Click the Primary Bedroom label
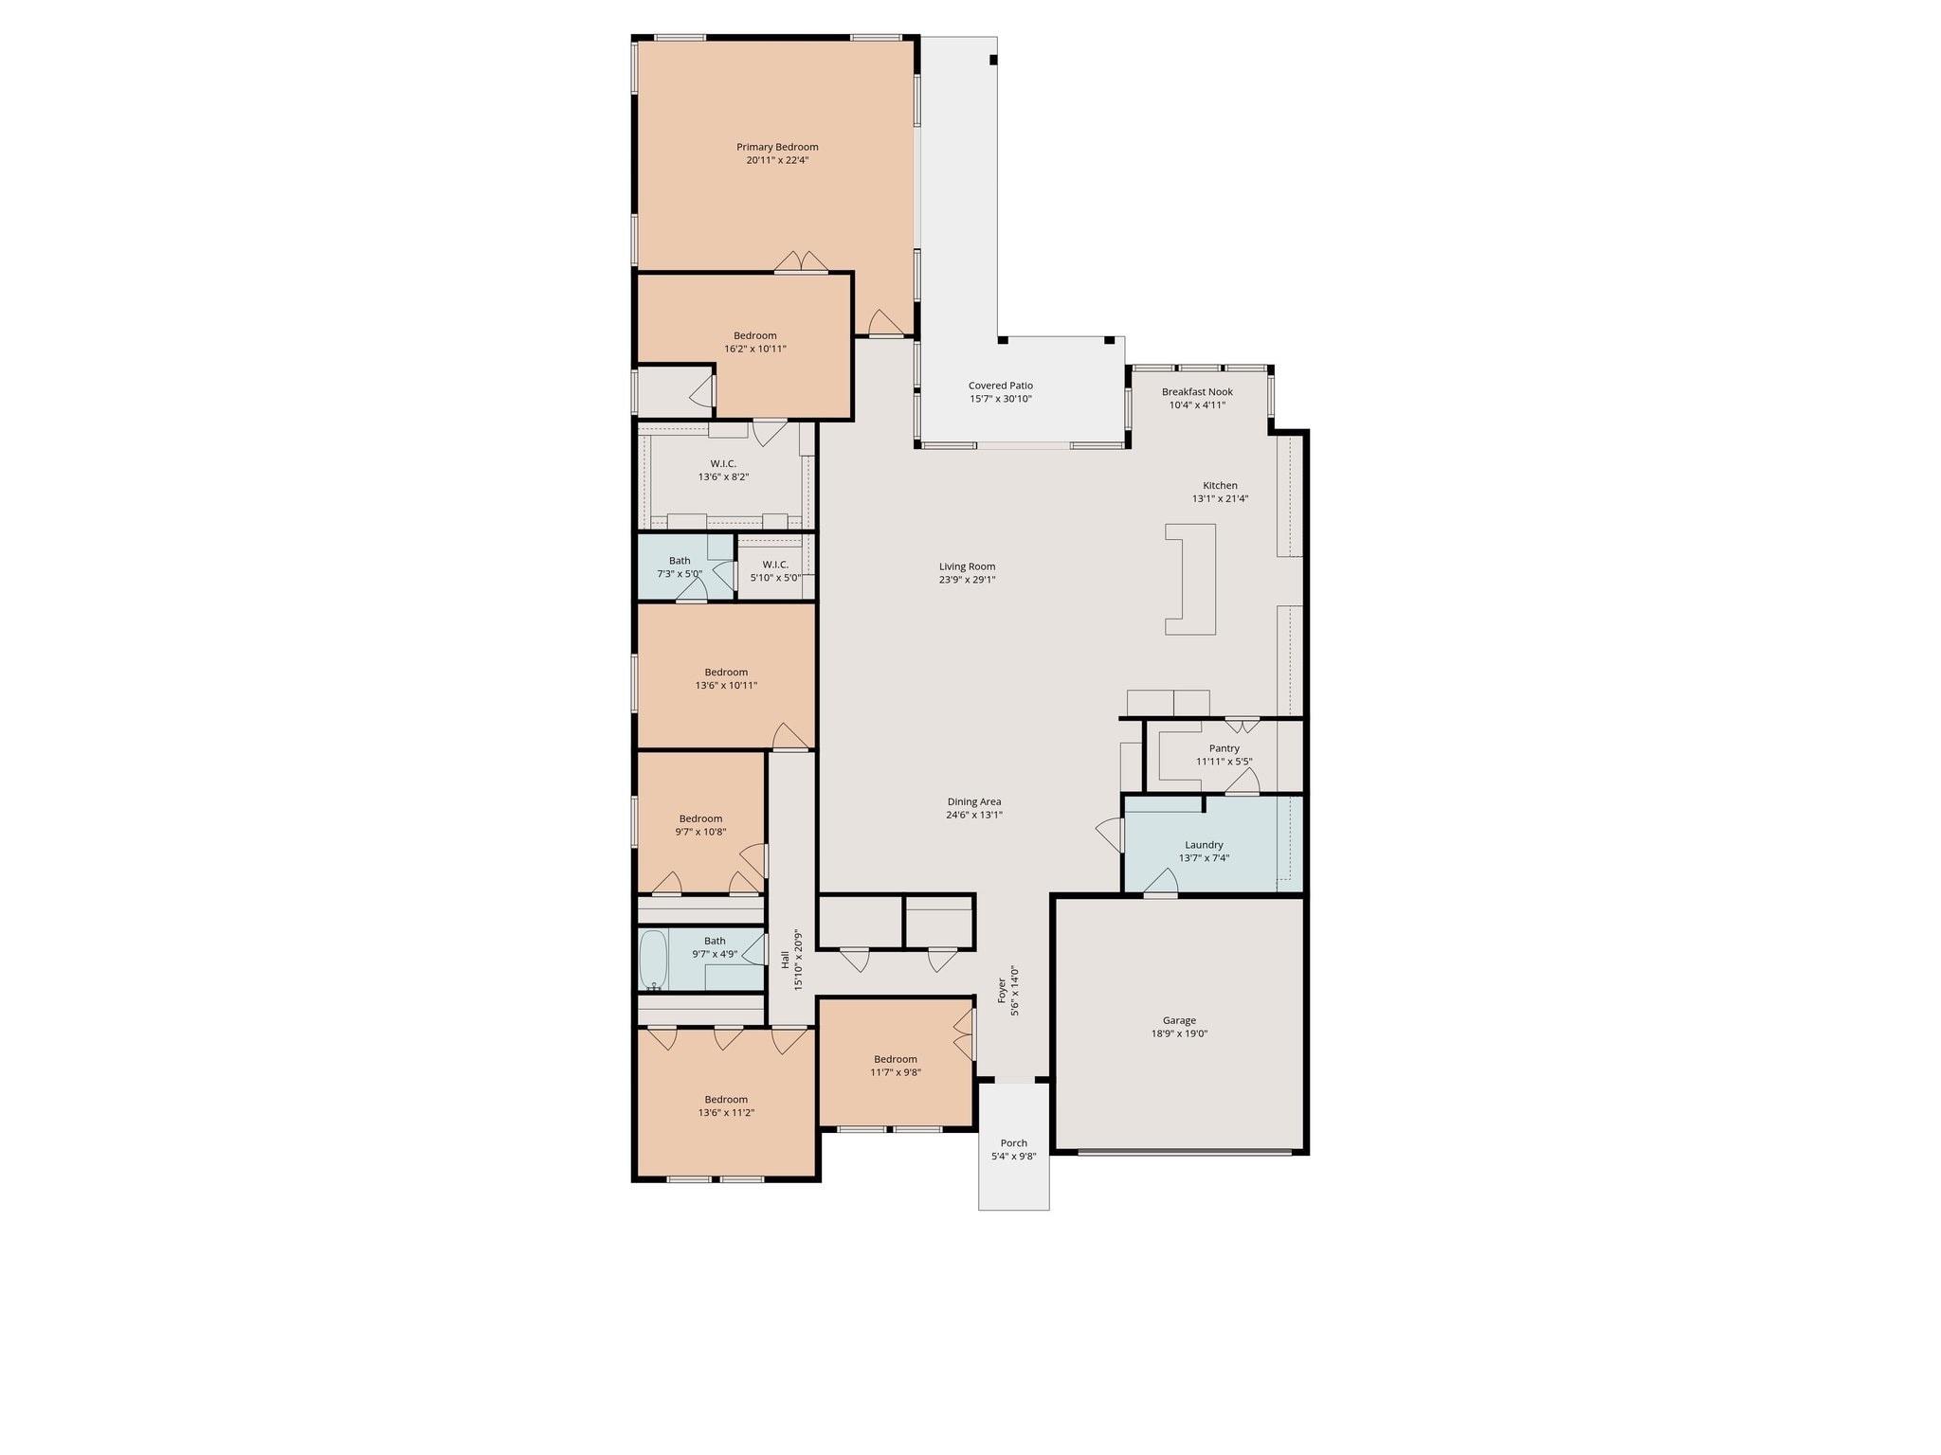click(x=777, y=147)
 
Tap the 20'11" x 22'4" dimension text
click(x=777, y=161)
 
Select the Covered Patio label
click(x=1000, y=386)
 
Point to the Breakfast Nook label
click(x=1197, y=391)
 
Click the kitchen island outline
click(x=1190, y=579)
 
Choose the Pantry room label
click(x=1224, y=748)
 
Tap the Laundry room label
click(x=1204, y=845)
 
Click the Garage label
click(x=1179, y=1020)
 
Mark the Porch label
click(x=1013, y=1143)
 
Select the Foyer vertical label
click(x=1002, y=990)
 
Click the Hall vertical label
click(x=785, y=959)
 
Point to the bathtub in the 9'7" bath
click(x=654, y=959)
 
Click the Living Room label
click(x=967, y=566)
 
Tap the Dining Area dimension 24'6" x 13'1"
click(x=973, y=815)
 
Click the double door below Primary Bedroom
click(x=801, y=263)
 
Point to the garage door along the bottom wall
click(x=1185, y=1152)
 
